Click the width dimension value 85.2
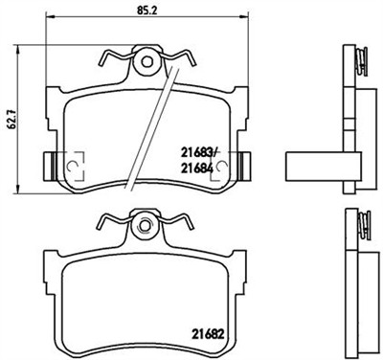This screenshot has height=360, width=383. [x=146, y=12]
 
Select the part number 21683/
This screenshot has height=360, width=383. [x=198, y=147]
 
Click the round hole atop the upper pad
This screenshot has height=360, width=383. [x=146, y=62]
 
